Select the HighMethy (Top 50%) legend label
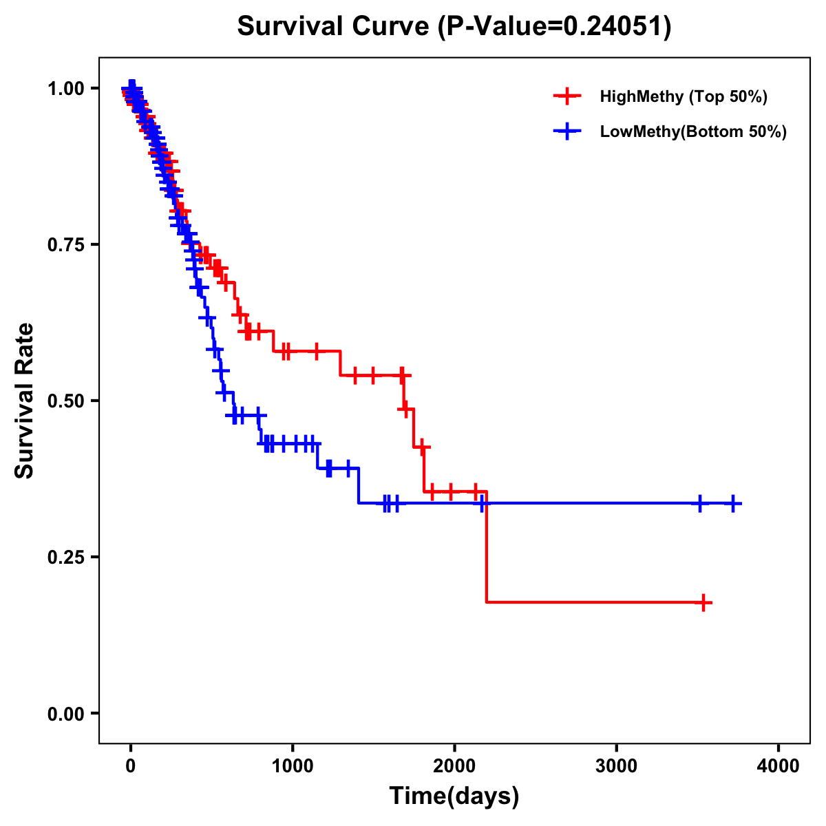point(683,96)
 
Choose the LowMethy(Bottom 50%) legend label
point(693,131)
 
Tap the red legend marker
point(566,96)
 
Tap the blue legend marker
point(566,131)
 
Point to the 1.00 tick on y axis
point(65,88)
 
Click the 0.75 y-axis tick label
point(65,244)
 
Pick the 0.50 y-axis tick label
point(65,401)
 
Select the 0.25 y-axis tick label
point(65,557)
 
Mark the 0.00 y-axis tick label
point(65,713)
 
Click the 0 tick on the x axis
point(131,765)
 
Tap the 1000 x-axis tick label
point(293,765)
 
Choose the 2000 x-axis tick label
point(454,765)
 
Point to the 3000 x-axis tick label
point(617,765)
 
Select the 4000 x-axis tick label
point(779,765)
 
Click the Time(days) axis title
point(454,796)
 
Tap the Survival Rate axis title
point(25,401)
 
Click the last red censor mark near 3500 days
point(703,603)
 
